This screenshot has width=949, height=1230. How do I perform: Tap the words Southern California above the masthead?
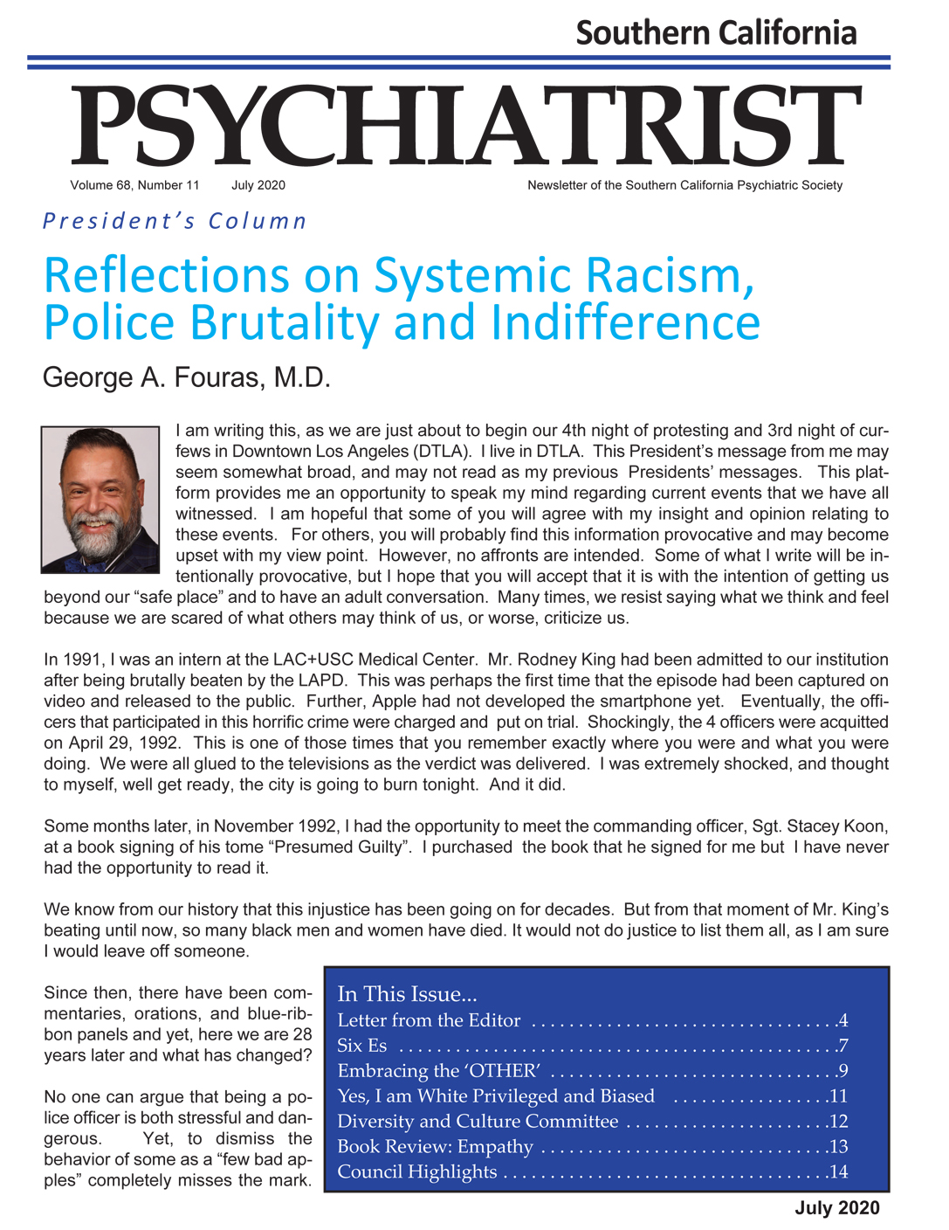pos(716,32)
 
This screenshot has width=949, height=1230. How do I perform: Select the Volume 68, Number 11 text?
pos(135,185)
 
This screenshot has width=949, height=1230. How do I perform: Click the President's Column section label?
pos(175,221)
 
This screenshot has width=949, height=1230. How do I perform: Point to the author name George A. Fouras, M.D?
pos(187,377)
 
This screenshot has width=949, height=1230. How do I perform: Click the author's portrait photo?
pos(100,499)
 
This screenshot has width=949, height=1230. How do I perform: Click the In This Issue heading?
pos(407,993)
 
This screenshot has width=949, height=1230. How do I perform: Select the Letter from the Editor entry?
pos(429,1020)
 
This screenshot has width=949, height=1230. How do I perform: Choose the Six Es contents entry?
pos(361,1046)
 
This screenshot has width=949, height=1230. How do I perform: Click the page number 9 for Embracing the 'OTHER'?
pos(842,1071)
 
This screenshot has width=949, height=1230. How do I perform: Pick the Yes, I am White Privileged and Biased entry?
pos(496,1096)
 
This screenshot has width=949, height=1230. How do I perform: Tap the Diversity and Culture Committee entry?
pos(478,1122)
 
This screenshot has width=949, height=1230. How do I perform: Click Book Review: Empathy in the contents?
pos(435,1147)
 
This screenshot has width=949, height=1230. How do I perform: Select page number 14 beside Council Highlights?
pos(838,1172)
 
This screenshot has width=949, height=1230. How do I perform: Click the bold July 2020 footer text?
pos(836,1208)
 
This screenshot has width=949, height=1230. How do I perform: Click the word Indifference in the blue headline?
pos(625,322)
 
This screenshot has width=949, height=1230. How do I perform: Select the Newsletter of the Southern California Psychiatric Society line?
pos(684,185)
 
